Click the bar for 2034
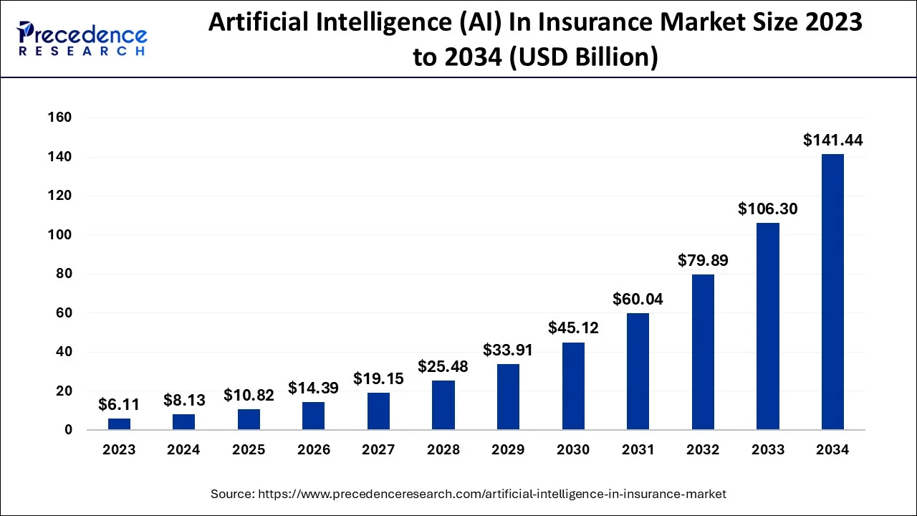click(x=832, y=292)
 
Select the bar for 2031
click(x=638, y=371)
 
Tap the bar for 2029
click(x=508, y=397)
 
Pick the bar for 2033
click(x=768, y=326)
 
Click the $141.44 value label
click(x=832, y=140)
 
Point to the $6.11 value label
click(x=119, y=405)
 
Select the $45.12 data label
click(x=573, y=328)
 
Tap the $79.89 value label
click(x=703, y=260)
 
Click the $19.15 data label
click(x=378, y=378)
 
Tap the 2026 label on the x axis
click(x=314, y=450)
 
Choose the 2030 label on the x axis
click(x=573, y=450)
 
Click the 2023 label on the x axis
click(x=119, y=450)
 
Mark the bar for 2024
click(x=183, y=422)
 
